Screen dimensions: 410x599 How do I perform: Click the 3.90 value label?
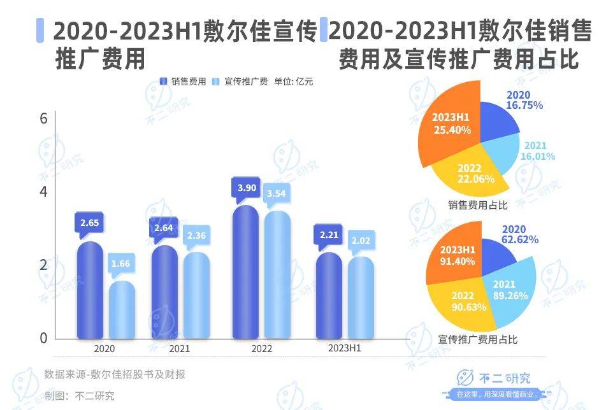click(245, 188)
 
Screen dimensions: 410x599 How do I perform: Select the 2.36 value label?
click(196, 236)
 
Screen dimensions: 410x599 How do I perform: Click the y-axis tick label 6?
click(44, 119)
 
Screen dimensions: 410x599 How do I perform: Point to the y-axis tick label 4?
click(44, 192)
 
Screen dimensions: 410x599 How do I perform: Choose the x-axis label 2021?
click(180, 349)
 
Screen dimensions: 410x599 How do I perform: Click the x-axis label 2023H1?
click(345, 349)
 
